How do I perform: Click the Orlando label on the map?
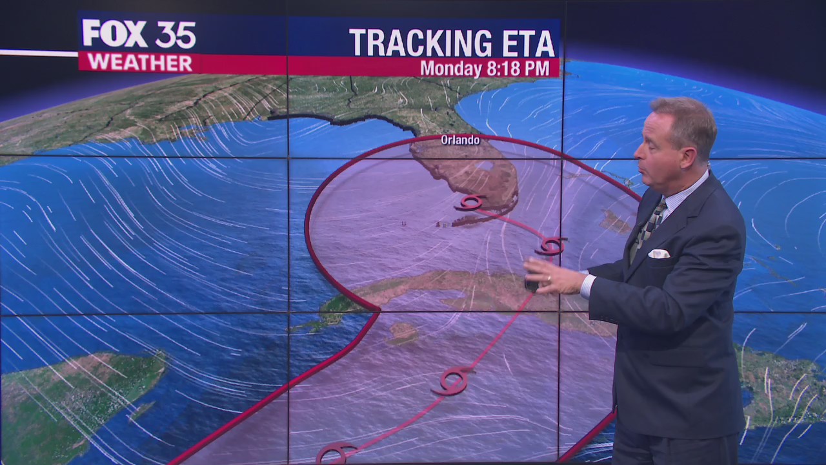460,139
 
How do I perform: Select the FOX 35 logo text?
139,34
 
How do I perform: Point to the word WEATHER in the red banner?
139,63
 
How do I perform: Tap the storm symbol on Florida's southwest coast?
470,202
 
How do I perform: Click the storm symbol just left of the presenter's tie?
550,245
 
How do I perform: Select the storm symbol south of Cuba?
454,380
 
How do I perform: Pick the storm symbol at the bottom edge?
336,453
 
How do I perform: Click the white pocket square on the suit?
659,254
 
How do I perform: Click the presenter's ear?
685,150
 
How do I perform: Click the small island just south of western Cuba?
403,333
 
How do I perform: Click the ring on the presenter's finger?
548,280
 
